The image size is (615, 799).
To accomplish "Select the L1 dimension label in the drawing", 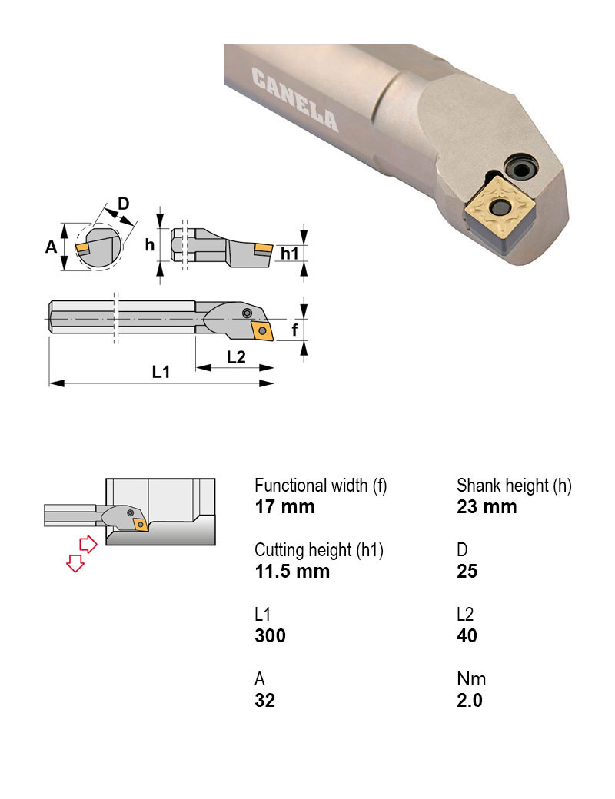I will click(x=161, y=372).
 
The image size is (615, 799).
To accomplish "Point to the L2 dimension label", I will click(x=236, y=356).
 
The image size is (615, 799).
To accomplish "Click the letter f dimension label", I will click(x=294, y=330).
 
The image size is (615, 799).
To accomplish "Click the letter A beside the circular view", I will click(x=52, y=247).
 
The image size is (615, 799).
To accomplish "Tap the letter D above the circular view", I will click(x=123, y=204).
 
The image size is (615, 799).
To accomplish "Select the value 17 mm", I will click(x=284, y=507).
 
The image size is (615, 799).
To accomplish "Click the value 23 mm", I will click(x=487, y=507).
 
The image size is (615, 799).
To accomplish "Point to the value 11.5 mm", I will click(x=292, y=571).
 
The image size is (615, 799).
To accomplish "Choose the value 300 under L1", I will click(x=270, y=635).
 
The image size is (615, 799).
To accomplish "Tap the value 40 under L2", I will click(x=467, y=635).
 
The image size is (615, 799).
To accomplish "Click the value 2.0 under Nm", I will click(x=469, y=700).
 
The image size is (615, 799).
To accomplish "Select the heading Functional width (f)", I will click(x=321, y=486).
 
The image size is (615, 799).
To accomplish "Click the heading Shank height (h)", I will click(x=514, y=486).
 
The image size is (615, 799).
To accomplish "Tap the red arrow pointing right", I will click(x=88, y=545).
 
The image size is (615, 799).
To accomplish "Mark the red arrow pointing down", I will click(x=75, y=563).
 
